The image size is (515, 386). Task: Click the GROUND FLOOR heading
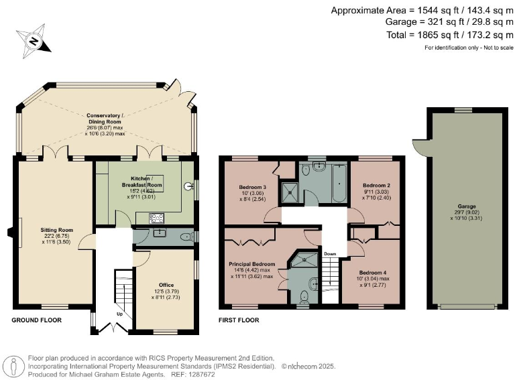click(x=37, y=320)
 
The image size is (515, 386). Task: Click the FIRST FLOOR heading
click(x=239, y=320)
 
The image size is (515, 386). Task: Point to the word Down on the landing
click(x=331, y=254)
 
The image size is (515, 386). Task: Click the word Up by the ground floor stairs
click(x=120, y=314)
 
